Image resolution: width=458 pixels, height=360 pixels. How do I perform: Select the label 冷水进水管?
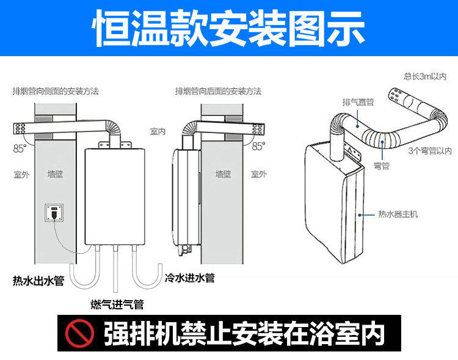click(x=189, y=278)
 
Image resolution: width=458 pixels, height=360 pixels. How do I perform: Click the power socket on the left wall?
click(x=55, y=214)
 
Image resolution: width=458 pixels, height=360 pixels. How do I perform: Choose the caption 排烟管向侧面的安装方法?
click(x=56, y=91)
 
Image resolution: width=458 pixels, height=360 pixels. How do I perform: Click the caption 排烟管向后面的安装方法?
click(x=218, y=91)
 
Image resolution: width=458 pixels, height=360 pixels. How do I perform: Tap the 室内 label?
click(x=158, y=131)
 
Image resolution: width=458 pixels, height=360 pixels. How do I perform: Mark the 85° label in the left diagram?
click(x=20, y=148)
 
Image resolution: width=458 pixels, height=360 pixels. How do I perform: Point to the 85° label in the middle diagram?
click(x=258, y=146)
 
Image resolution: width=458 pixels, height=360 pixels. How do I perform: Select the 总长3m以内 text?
click(x=425, y=76)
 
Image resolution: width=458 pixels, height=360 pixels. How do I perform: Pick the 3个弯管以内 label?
click(x=430, y=150)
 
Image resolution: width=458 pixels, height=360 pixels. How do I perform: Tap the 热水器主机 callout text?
click(x=398, y=214)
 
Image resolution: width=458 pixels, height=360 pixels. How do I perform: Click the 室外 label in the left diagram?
click(x=21, y=175)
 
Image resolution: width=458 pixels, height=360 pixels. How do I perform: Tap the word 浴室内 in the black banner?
click(x=354, y=333)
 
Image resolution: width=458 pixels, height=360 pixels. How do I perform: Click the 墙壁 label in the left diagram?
click(x=55, y=175)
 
